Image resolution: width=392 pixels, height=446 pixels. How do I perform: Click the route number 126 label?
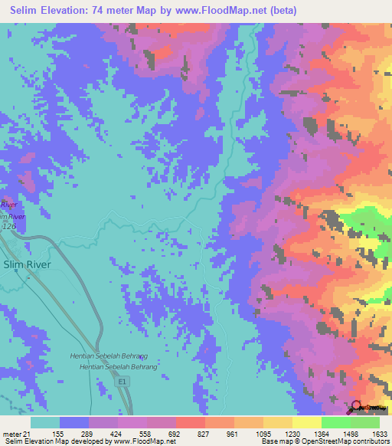pyautogui.click(x=8, y=227)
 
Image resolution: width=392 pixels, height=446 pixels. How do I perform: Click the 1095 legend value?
pyautogui.click(x=263, y=433)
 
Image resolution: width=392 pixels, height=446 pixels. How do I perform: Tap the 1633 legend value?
pyautogui.click(x=380, y=433)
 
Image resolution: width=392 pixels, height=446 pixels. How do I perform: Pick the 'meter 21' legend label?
pyautogui.click(x=15, y=433)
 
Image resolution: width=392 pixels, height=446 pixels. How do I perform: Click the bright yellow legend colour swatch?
pyautogui.click(x=306, y=422)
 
